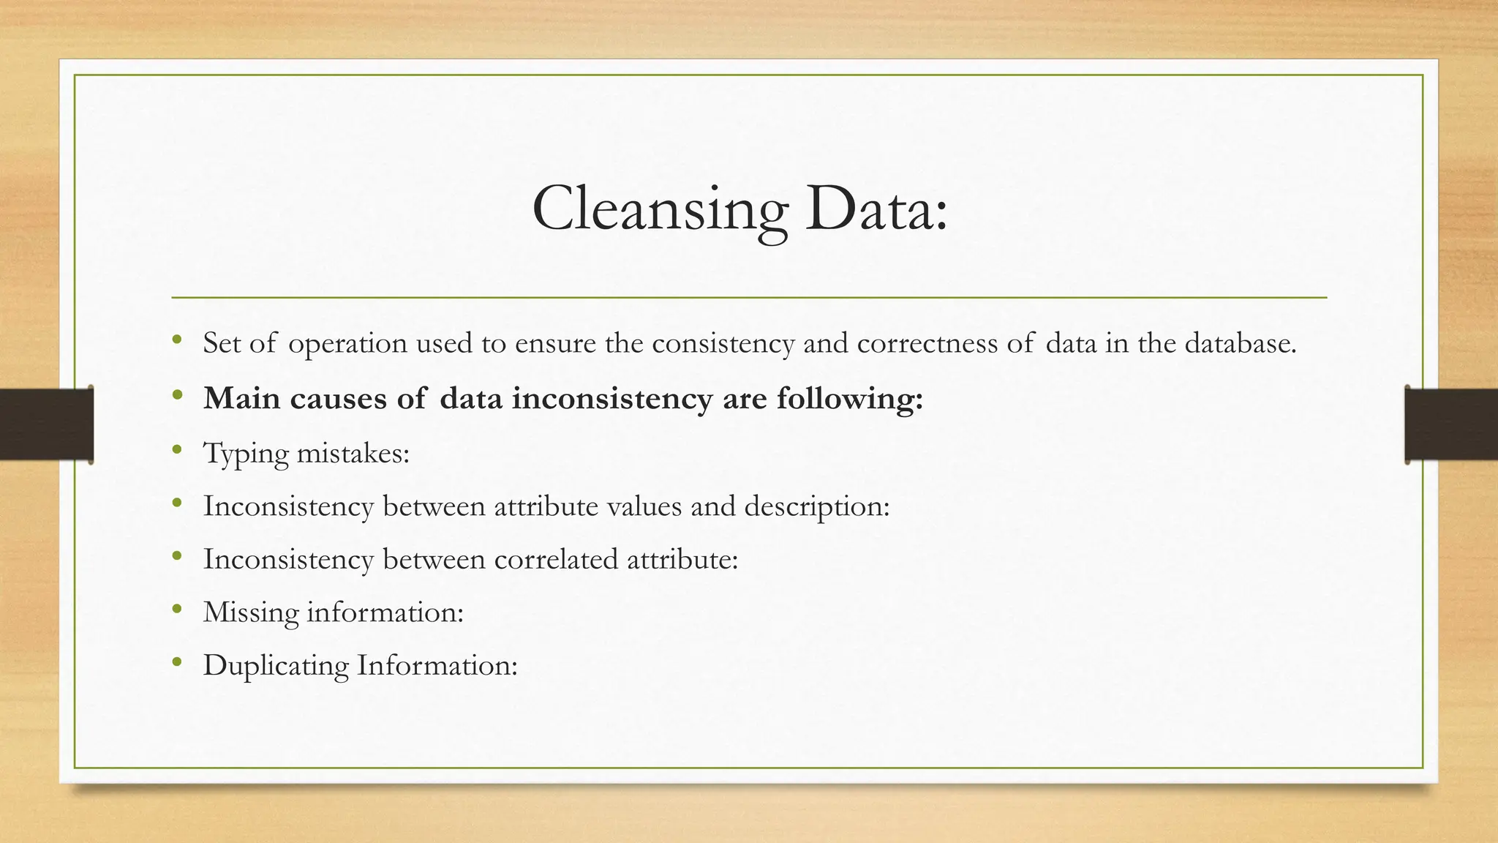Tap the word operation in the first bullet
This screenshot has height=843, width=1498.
(347, 344)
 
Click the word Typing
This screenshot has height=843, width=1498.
(246, 454)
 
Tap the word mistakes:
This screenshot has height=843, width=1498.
(353, 453)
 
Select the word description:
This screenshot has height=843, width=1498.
(816, 506)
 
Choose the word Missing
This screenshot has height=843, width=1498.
(251, 613)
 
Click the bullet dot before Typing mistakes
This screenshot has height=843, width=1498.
(176, 450)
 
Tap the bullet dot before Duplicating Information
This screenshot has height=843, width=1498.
(176, 663)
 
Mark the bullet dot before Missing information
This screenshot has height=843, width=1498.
(176, 609)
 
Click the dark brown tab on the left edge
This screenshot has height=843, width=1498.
(46, 424)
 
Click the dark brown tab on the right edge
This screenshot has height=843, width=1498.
(1451, 424)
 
